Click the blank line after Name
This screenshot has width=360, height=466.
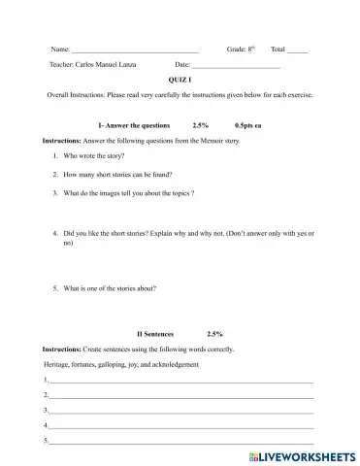click(x=135, y=49)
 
